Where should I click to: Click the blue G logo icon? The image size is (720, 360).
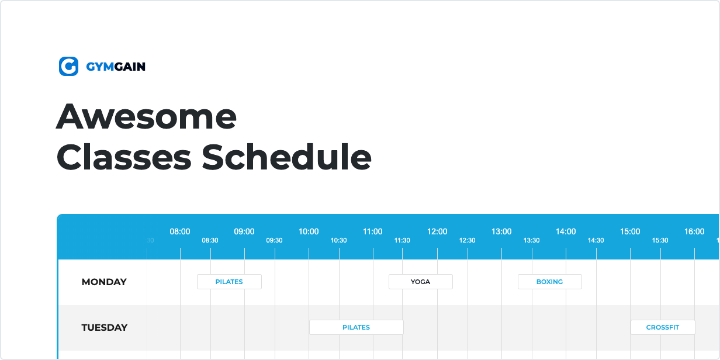(x=68, y=66)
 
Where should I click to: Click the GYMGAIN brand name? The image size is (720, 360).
(x=116, y=67)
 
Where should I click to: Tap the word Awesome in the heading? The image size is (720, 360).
(x=146, y=116)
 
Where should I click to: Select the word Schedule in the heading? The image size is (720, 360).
(x=286, y=157)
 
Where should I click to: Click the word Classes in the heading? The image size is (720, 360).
(x=124, y=157)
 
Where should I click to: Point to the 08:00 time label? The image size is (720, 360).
(x=180, y=231)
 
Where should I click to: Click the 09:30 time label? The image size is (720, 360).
(x=274, y=240)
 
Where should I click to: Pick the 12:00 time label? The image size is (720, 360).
(x=437, y=231)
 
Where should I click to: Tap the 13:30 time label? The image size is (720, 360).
(x=531, y=240)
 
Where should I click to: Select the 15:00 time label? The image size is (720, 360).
(x=630, y=231)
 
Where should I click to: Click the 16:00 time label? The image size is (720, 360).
(x=694, y=231)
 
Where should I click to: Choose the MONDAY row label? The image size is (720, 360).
(x=104, y=282)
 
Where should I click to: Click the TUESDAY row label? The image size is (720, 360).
(x=105, y=327)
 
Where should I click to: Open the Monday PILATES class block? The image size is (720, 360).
(x=229, y=282)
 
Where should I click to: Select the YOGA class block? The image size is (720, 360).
(x=421, y=282)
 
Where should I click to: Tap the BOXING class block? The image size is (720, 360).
(x=549, y=282)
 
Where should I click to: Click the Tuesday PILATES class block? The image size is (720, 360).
(x=356, y=327)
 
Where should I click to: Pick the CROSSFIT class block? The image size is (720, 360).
(x=663, y=327)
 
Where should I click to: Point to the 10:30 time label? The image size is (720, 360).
(x=338, y=240)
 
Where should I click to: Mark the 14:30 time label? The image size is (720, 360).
(x=596, y=240)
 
